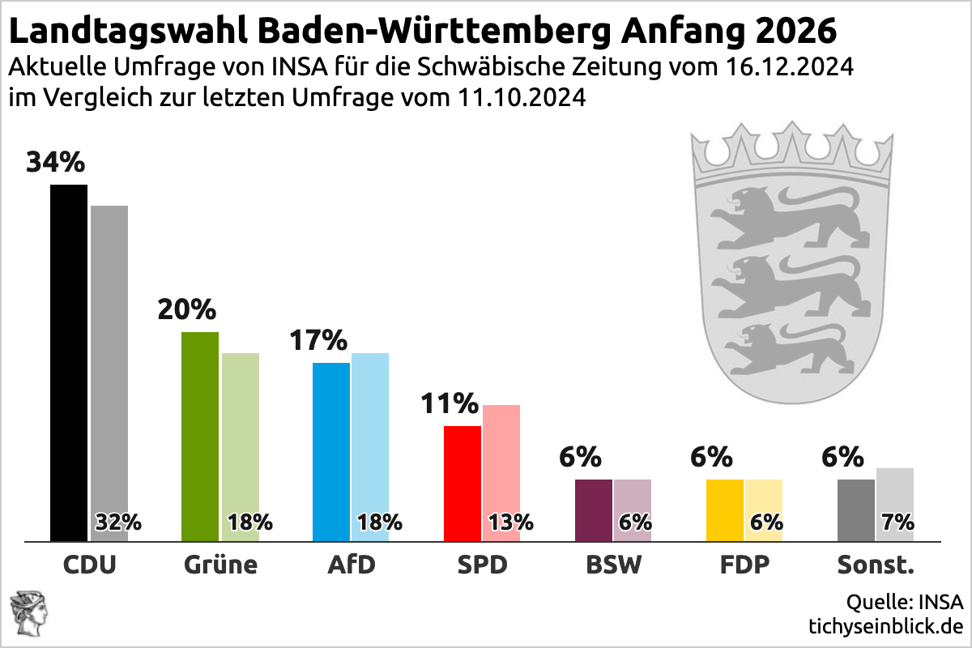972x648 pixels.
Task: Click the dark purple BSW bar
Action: [594, 509]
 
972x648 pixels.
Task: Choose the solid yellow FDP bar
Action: [725, 509]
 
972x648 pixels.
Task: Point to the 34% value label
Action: [55, 162]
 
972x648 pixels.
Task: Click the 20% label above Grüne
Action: [187, 309]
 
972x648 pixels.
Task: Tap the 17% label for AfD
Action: [318, 340]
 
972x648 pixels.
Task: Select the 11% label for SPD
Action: [450, 403]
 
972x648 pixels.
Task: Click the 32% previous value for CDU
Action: [118, 522]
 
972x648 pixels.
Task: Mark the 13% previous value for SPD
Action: [510, 522]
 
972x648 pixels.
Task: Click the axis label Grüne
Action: [220, 565]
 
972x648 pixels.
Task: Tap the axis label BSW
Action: [613, 565]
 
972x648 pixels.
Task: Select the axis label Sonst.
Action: [876, 565]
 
